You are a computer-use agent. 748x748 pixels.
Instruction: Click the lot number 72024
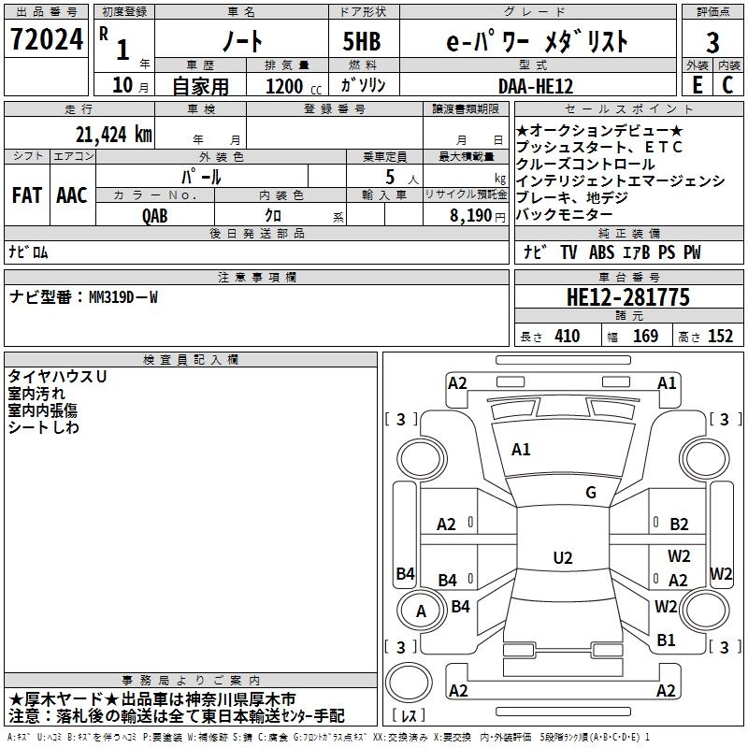coord(47,39)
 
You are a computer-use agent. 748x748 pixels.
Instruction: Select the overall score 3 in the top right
coord(712,42)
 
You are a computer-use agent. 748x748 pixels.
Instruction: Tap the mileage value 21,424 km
coord(114,135)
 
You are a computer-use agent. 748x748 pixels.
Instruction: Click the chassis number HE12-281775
coord(628,297)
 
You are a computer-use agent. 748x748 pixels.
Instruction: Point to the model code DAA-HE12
coord(536,86)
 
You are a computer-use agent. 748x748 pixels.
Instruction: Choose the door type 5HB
coord(362,42)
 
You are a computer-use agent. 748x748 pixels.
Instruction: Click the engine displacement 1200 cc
coord(294,86)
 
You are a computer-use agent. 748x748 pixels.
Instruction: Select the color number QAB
coord(155,216)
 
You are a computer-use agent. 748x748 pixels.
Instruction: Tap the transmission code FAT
coord(27,195)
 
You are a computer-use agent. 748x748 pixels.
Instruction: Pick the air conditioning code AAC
coord(72,195)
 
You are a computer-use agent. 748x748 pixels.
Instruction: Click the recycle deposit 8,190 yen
coord(477,216)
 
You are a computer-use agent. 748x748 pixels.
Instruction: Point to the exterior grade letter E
coord(698,85)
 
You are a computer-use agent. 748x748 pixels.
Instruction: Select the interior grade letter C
coord(727,85)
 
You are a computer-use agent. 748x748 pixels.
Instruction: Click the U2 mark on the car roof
coord(563,557)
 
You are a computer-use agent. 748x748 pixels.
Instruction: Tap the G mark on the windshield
coord(591,493)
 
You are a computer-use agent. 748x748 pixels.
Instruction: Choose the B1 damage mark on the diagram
coord(666,640)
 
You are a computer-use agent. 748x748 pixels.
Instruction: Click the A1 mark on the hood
coord(521,449)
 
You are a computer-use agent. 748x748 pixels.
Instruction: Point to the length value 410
coord(568,336)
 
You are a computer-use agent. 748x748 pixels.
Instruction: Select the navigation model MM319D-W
coord(123,297)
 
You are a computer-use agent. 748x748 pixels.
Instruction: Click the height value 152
coord(720,336)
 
